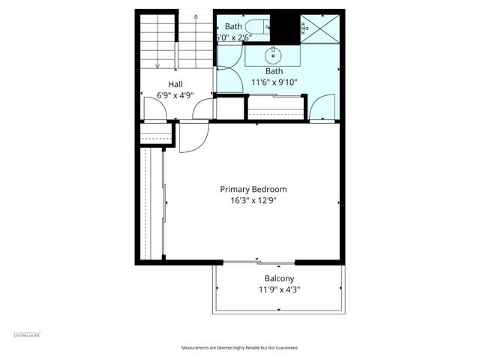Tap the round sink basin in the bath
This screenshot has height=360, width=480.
click(x=273, y=55)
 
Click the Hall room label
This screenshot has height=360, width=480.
click(x=175, y=84)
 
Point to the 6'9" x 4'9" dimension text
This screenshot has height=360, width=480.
click(x=175, y=95)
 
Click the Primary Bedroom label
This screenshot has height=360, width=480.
click(x=253, y=189)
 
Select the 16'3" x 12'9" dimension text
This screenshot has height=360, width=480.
click(x=253, y=200)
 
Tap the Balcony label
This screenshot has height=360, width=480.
click(x=279, y=278)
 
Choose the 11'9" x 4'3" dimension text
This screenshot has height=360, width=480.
click(x=279, y=289)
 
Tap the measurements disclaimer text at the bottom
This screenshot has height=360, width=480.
click(x=240, y=348)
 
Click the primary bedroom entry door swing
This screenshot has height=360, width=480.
click(x=193, y=136)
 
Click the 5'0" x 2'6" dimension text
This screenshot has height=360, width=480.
click(x=238, y=37)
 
